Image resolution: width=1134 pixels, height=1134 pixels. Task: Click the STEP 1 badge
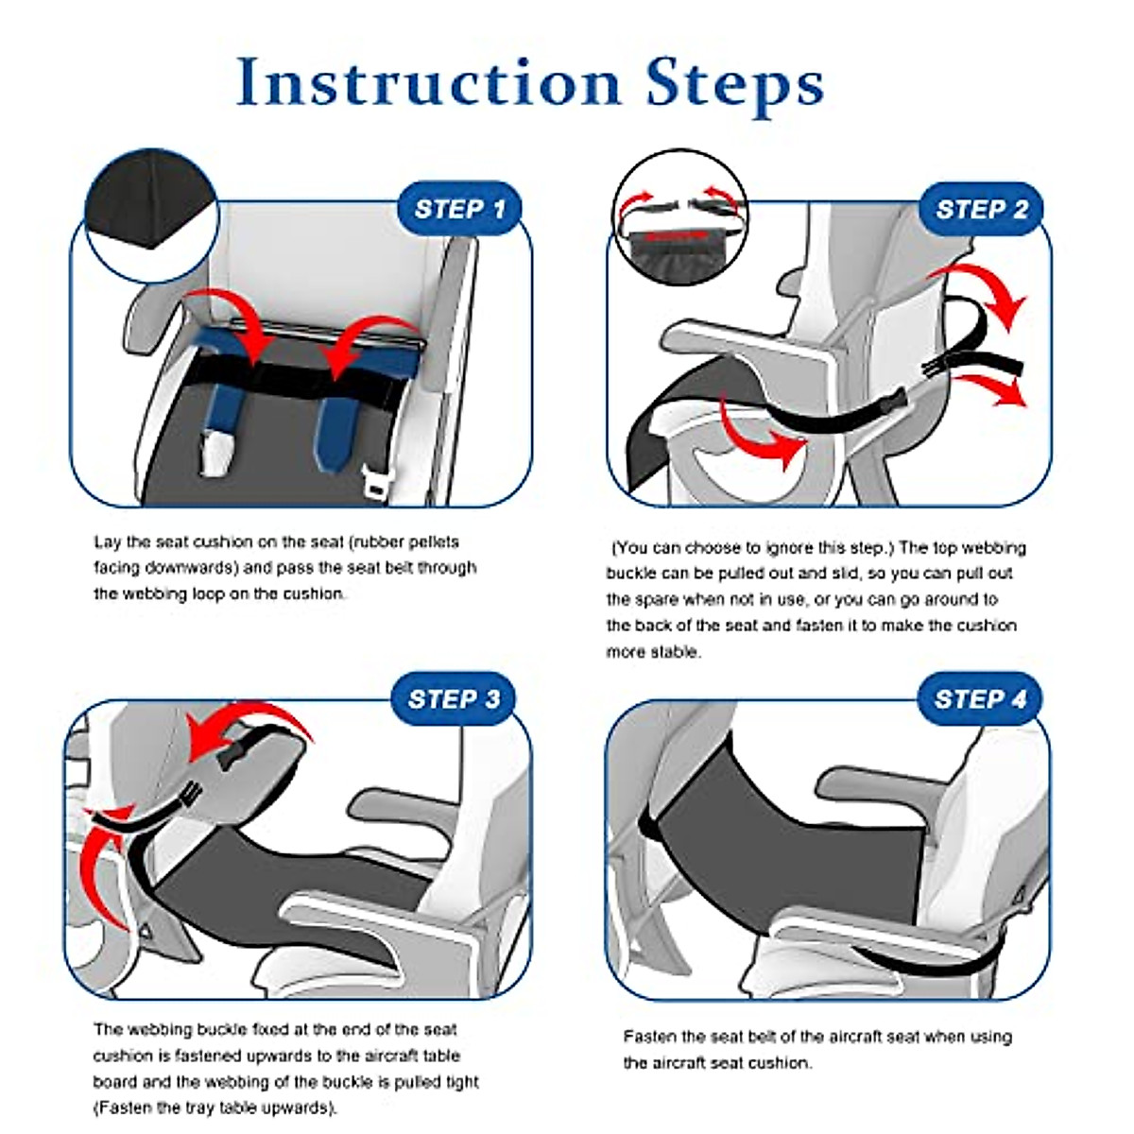(x=459, y=209)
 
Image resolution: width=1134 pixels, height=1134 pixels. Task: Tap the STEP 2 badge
(x=981, y=209)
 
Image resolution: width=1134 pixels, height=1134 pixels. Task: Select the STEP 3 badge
(x=454, y=698)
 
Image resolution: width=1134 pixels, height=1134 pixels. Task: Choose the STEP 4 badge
(x=980, y=698)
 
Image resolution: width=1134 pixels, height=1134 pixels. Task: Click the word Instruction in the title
(x=430, y=82)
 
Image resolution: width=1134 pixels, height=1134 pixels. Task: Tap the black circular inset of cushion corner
(x=152, y=215)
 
